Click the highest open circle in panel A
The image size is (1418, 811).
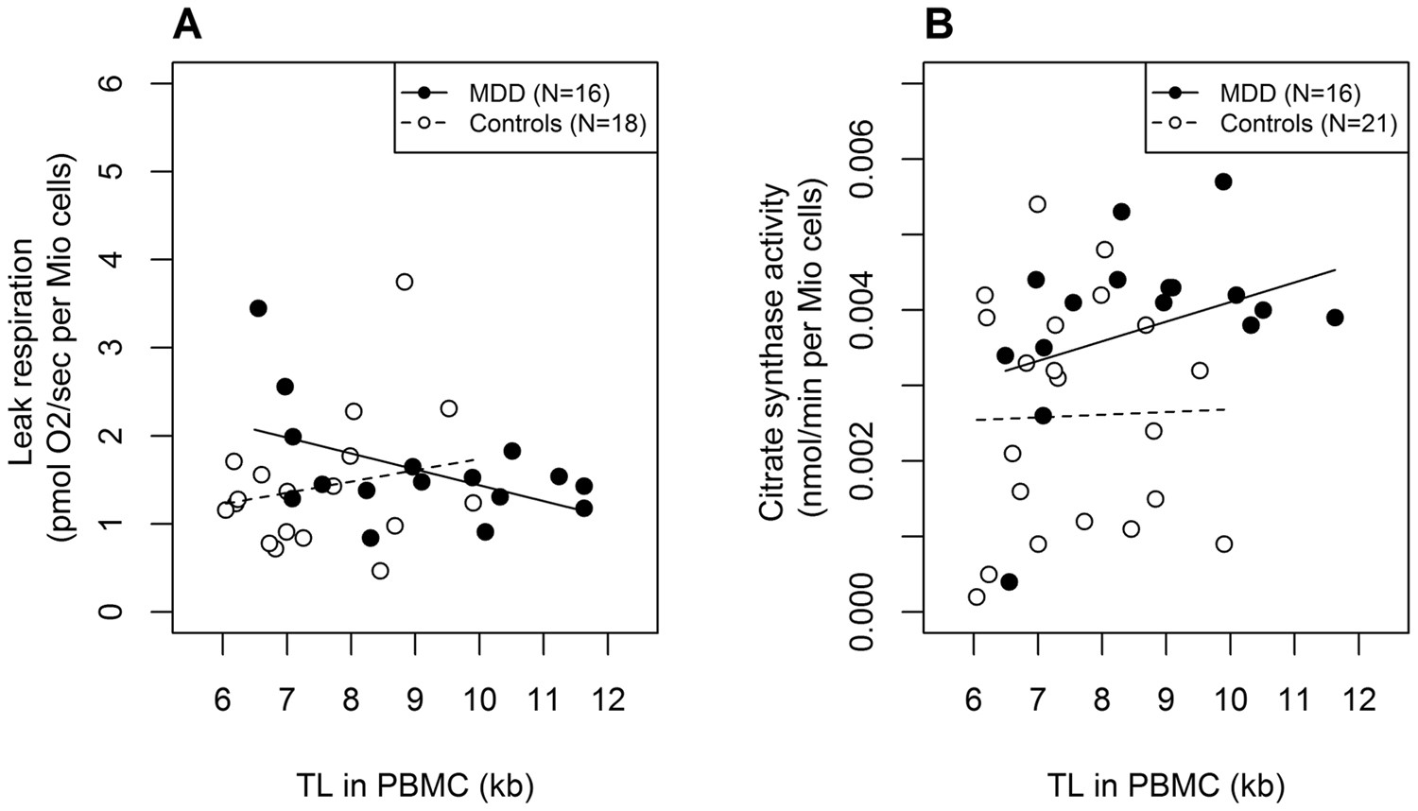coord(405,282)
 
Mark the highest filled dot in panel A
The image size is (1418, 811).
coord(258,308)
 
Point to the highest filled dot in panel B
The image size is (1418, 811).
coord(1223,181)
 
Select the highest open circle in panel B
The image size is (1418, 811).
coord(1037,204)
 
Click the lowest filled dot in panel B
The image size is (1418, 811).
coord(1009,581)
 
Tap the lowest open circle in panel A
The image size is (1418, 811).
coord(380,570)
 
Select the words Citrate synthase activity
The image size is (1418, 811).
coord(773,350)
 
